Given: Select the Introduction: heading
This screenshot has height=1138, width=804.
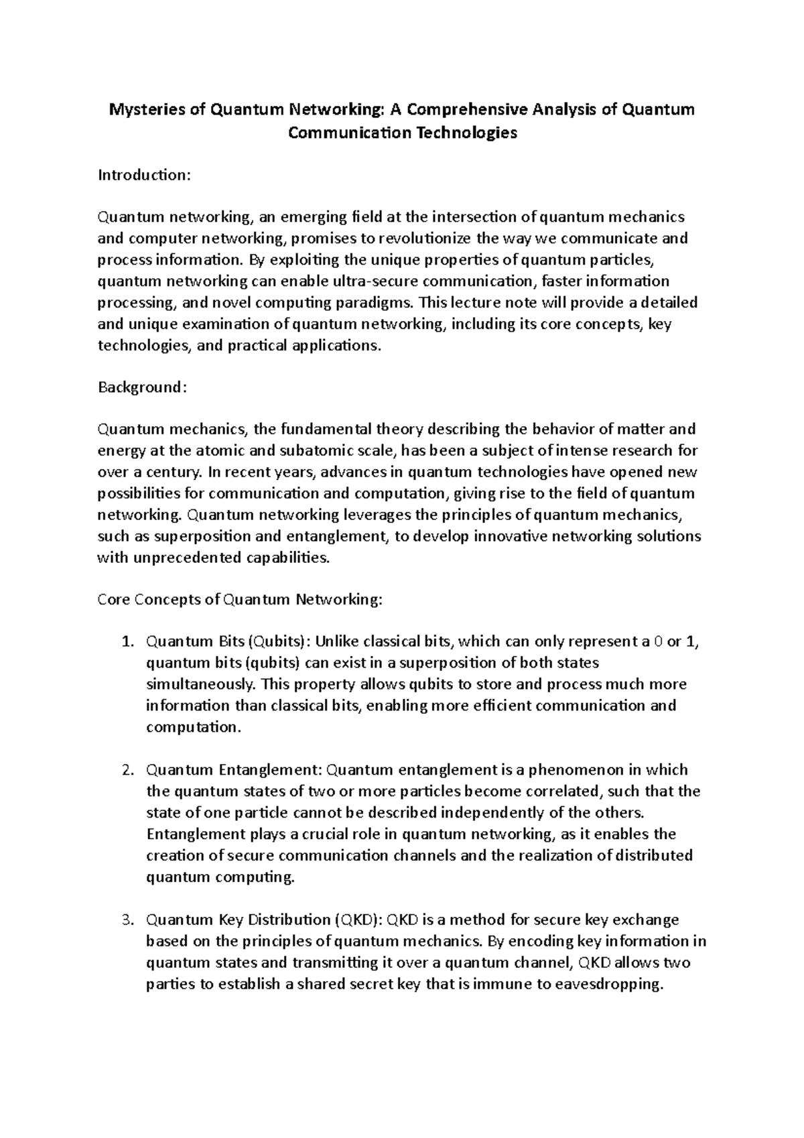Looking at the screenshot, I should [x=145, y=175].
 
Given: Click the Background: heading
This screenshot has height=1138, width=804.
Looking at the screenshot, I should [x=141, y=387].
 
